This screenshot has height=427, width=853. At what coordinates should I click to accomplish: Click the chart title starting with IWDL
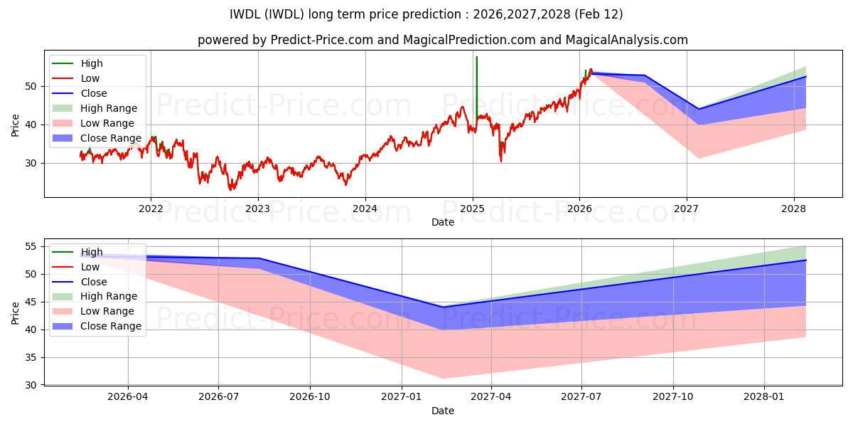tap(426, 14)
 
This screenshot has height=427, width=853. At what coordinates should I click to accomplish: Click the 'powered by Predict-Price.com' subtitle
tap(442, 41)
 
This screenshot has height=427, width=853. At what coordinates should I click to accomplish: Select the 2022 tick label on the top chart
tap(150, 209)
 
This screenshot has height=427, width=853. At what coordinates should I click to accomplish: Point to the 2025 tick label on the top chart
tap(473, 209)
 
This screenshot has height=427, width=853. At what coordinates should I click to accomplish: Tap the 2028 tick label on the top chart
tap(794, 209)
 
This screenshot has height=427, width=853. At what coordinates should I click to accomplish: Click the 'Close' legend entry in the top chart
tap(94, 93)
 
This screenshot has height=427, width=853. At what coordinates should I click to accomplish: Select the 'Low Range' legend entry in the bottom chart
tap(107, 311)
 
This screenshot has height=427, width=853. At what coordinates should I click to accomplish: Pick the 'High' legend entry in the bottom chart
tap(92, 252)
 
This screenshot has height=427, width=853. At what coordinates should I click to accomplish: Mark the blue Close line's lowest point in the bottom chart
tap(442, 307)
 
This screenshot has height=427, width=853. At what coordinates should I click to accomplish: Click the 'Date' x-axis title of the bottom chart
tap(442, 411)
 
